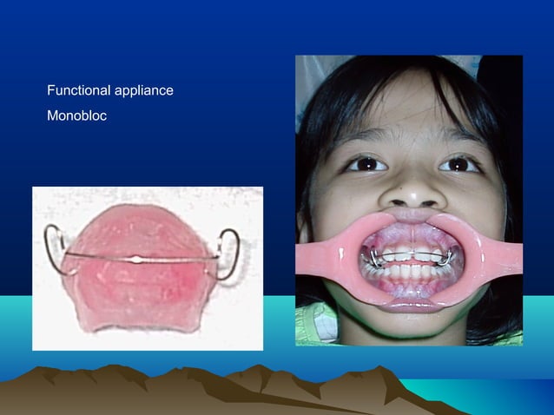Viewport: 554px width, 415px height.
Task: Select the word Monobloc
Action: point(77,115)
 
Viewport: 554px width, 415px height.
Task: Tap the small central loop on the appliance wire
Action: point(136,258)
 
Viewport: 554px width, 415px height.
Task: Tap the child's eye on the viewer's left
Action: point(366,162)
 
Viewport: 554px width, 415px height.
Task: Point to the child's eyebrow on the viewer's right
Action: point(465,139)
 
